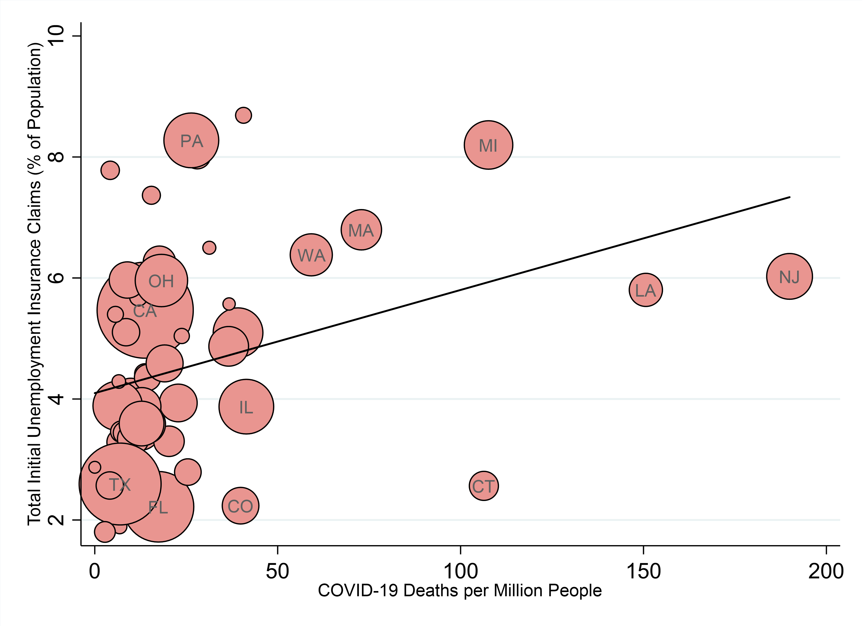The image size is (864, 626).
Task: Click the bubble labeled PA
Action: coord(191,140)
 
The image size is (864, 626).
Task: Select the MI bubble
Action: coord(488,145)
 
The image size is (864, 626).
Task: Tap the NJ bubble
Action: coord(789,276)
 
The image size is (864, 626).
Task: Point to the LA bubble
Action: coord(645,290)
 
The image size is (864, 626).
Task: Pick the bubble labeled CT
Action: coord(483,486)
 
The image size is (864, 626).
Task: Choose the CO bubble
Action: coord(240,506)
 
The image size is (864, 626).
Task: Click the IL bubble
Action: coord(246,407)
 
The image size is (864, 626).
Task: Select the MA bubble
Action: coord(361,230)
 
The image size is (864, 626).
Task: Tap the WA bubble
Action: coord(311,255)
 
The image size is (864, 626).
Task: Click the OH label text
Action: coord(161,281)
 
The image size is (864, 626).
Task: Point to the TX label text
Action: coord(120,485)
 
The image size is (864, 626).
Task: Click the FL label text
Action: coord(158,507)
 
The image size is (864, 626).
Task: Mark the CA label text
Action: coord(145,311)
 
